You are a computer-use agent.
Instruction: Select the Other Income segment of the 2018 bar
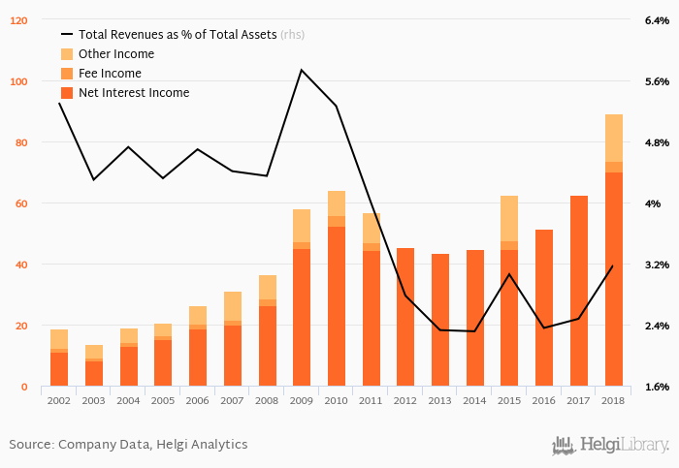pos(614,138)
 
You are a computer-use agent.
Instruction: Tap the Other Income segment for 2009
pos(302,226)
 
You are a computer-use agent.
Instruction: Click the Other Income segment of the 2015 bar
pos(509,218)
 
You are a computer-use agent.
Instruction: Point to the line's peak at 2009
pos(302,70)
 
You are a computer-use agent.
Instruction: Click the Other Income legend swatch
pos(67,54)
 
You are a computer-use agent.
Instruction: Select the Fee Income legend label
pos(110,74)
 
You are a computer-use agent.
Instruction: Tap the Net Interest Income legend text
pos(134,93)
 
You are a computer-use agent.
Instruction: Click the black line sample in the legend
pos(67,35)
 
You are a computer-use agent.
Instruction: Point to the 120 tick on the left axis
pos(19,20)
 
